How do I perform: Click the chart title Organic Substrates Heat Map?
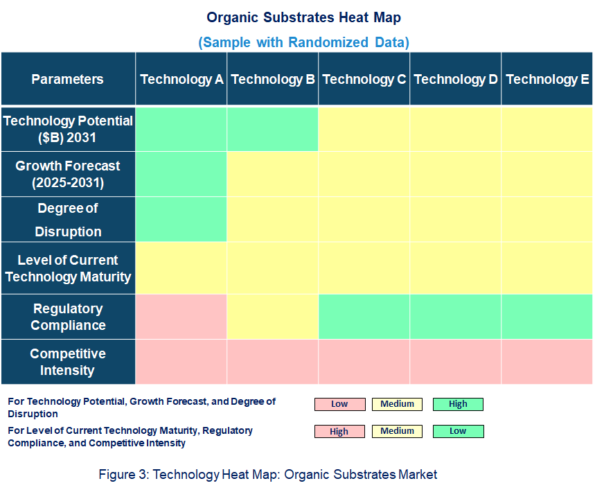303,17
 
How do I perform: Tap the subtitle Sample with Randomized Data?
303,42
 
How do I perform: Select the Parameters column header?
68,79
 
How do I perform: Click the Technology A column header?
181,79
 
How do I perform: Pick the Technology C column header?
364,79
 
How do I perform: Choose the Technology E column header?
547,79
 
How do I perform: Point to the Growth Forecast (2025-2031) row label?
68,174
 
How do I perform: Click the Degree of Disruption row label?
68,220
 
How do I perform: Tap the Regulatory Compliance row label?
68,317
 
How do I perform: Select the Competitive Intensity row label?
68,362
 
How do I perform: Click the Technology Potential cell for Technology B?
273,129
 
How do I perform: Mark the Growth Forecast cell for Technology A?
181,174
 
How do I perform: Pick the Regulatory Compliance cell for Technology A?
181,317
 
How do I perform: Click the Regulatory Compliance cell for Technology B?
273,317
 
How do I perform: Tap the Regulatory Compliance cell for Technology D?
456,317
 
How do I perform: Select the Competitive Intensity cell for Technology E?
547,362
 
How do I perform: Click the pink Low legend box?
339,404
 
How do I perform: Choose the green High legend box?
458,404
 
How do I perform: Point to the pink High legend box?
339,431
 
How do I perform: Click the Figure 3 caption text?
268,474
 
